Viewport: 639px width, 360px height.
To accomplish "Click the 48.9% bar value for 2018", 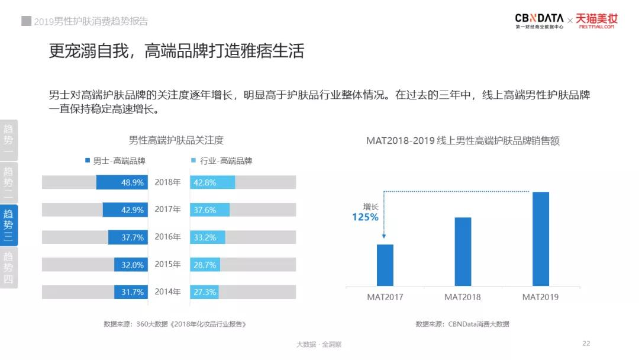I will click(x=133, y=182).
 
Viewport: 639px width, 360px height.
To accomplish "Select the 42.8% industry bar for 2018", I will click(x=205, y=182).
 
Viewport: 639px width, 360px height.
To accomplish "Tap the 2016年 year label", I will click(x=167, y=237).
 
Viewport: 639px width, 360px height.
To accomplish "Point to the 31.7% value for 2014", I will click(x=133, y=292).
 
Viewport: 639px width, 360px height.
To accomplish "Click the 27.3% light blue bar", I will click(x=205, y=292).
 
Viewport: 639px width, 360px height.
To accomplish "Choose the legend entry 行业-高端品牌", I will click(x=222, y=160).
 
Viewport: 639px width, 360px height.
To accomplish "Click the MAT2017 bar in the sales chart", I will click(x=385, y=265).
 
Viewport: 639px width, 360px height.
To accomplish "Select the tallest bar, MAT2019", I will click(x=541, y=239).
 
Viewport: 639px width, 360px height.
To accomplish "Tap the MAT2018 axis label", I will click(x=463, y=297).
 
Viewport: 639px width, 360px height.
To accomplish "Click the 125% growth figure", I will click(x=365, y=217).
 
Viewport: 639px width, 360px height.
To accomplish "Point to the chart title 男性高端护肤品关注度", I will click(x=176, y=140).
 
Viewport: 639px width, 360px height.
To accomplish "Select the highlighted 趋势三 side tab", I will click(x=9, y=225).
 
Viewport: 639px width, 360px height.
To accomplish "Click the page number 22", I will click(x=586, y=343).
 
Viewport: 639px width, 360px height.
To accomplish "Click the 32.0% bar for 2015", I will click(x=133, y=265).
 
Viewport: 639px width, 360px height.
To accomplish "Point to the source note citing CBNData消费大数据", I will click(x=462, y=324).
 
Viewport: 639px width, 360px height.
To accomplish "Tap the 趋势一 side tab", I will click(x=9, y=140).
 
